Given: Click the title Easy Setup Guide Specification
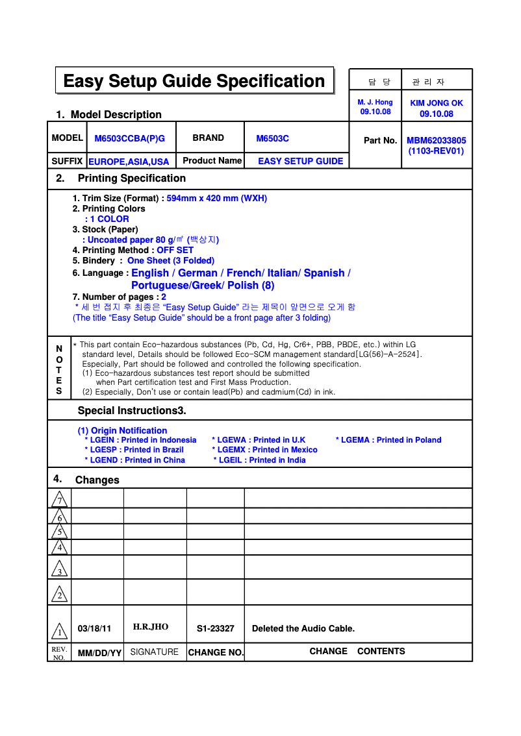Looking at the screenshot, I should point(194,81).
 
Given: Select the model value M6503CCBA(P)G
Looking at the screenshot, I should point(130,138).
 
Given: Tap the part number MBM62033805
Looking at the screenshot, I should point(436,140).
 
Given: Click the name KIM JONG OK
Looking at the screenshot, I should point(437,103).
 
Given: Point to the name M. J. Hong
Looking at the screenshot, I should point(375,103).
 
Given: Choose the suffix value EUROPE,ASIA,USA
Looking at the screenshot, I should point(129,162).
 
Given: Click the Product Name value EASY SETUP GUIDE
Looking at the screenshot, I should point(300,161).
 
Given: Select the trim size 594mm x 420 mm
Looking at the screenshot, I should point(216,198).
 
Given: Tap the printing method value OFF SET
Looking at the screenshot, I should point(175,250).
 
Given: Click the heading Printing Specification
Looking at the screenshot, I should point(131,178).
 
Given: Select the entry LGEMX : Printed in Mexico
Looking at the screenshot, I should point(265,450).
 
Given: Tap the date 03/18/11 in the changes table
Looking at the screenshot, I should point(94,629).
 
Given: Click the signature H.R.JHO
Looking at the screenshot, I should point(151,627).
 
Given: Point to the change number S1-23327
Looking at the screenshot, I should point(215,629).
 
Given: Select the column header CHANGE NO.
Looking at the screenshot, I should point(215,652).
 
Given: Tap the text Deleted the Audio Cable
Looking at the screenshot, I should point(303,629).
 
